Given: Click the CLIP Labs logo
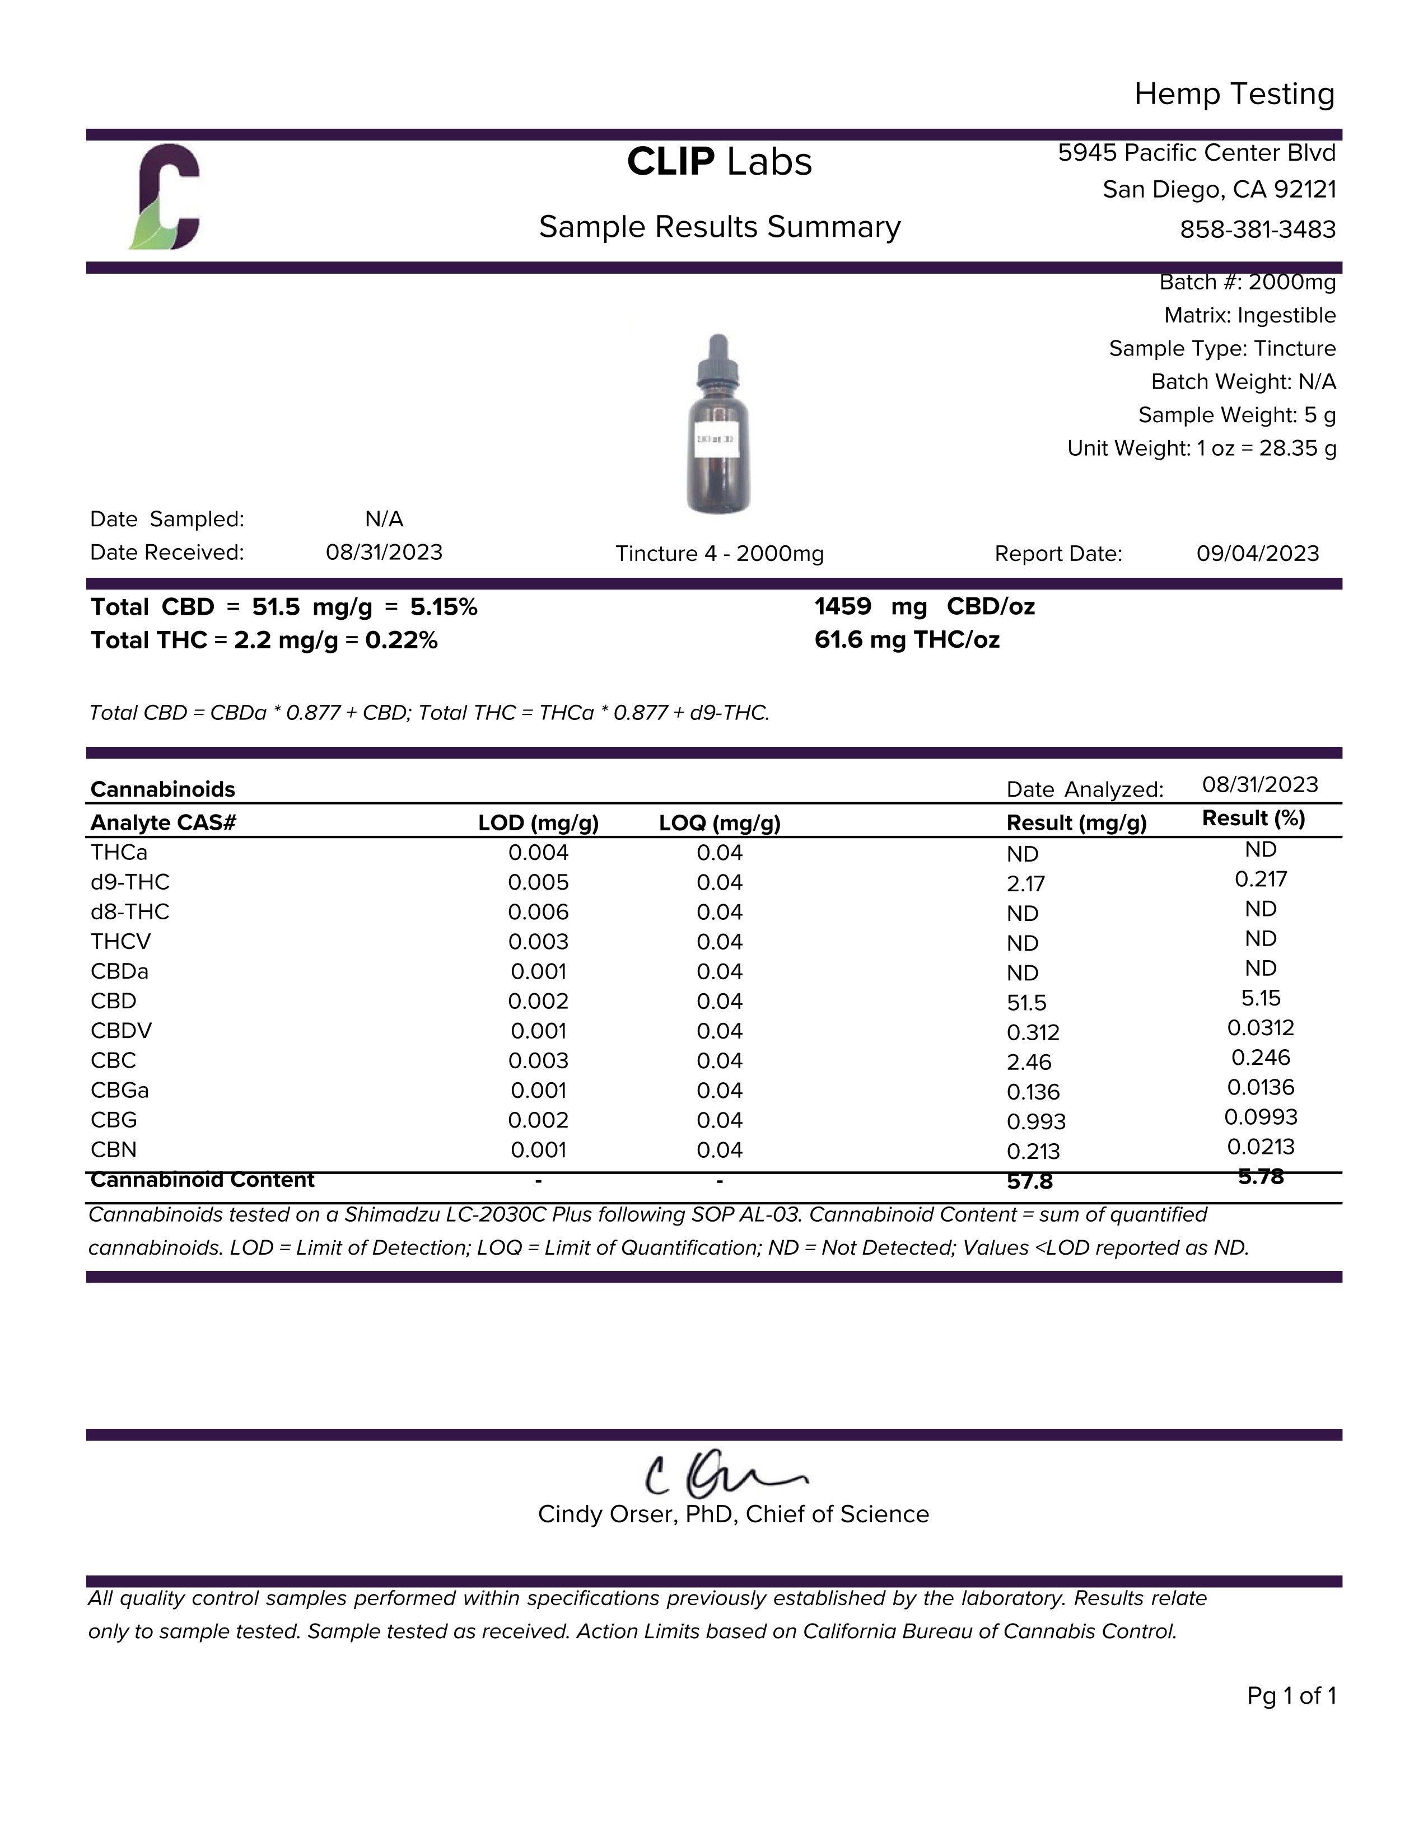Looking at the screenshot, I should point(166,198).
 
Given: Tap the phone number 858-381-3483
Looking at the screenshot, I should point(1257,229).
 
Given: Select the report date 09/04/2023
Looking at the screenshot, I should point(1257,553).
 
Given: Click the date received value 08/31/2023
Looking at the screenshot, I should point(384,552).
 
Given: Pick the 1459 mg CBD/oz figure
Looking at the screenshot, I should point(924,606).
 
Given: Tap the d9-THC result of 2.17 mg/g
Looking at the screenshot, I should point(1025,884).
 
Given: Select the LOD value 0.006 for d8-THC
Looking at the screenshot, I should point(538,911).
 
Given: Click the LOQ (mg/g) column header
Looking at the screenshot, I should point(719,823).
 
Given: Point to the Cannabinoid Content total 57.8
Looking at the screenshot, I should point(1029,1181).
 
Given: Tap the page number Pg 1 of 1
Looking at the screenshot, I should point(1291,1696).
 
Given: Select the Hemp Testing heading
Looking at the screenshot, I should point(1234,94).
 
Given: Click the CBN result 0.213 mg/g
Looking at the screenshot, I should point(1033,1151).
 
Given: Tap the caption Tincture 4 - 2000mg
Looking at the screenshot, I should point(719,554).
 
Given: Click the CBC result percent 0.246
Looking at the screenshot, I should point(1261,1058).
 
